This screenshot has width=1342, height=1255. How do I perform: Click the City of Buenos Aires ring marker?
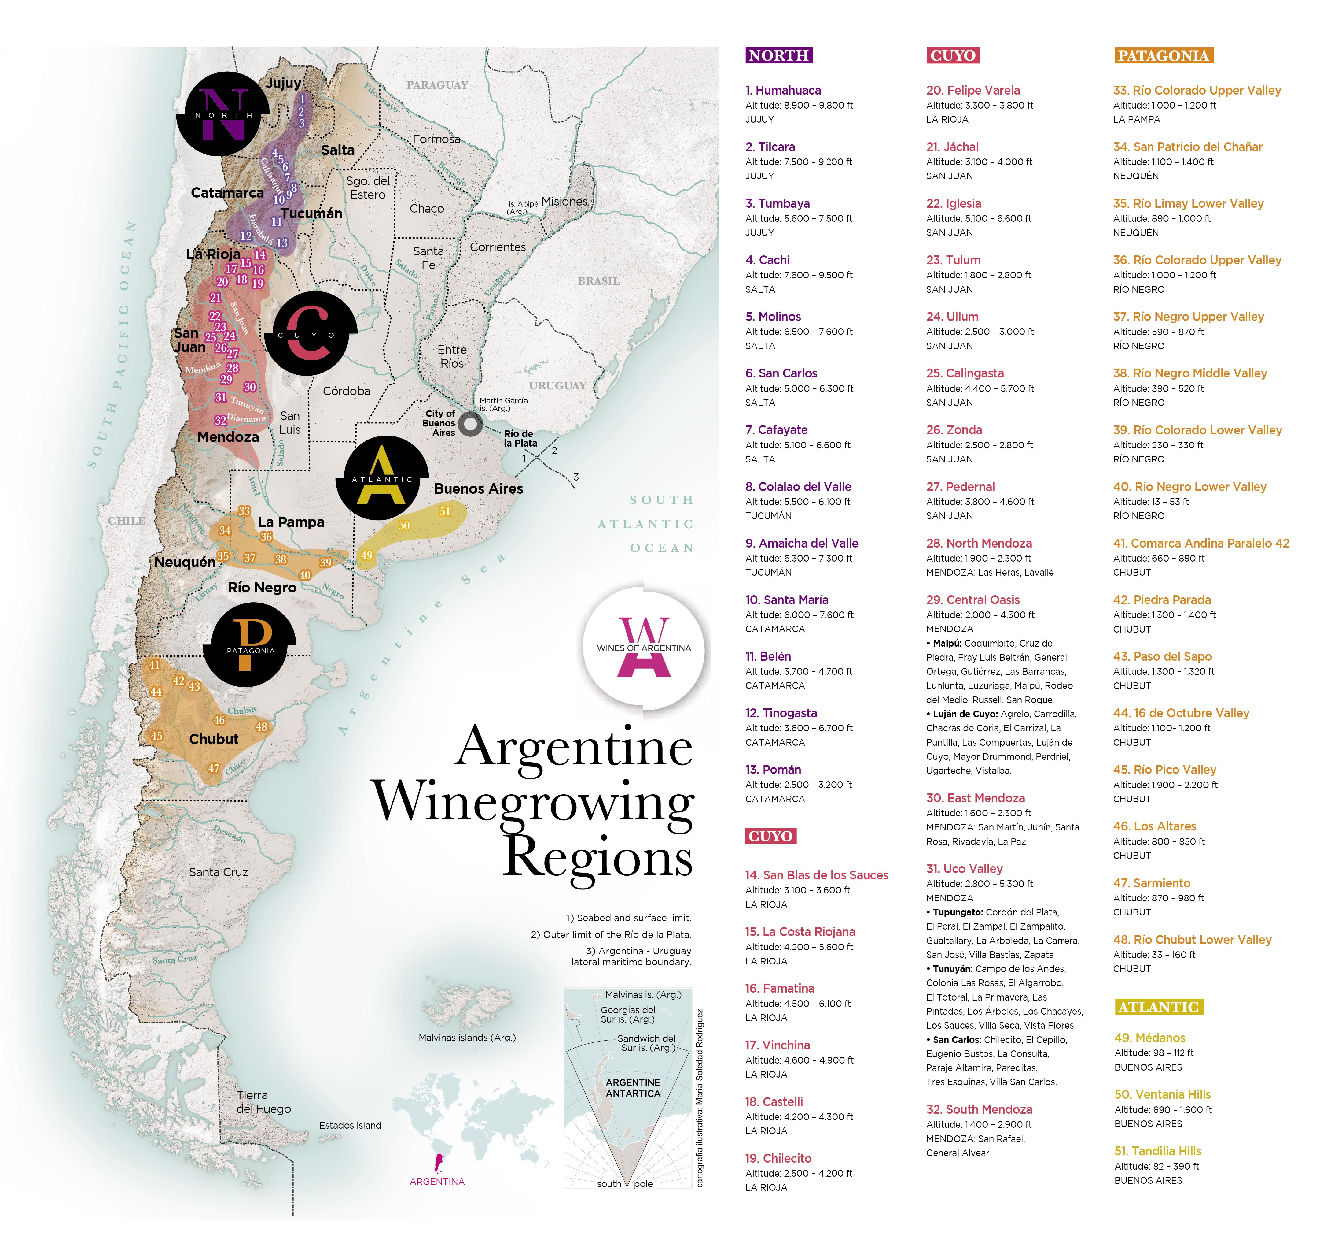(470, 424)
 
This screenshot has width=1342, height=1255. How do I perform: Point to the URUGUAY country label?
(557, 386)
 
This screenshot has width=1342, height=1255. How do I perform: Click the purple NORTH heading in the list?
(779, 55)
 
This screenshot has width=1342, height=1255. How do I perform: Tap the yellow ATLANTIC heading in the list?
(1158, 1007)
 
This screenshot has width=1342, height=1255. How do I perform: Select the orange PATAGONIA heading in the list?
(1163, 55)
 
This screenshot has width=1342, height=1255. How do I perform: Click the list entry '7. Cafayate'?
(776, 429)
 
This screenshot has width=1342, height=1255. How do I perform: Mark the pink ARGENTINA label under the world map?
(437, 1181)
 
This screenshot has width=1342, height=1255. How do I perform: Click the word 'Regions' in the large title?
(597, 858)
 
